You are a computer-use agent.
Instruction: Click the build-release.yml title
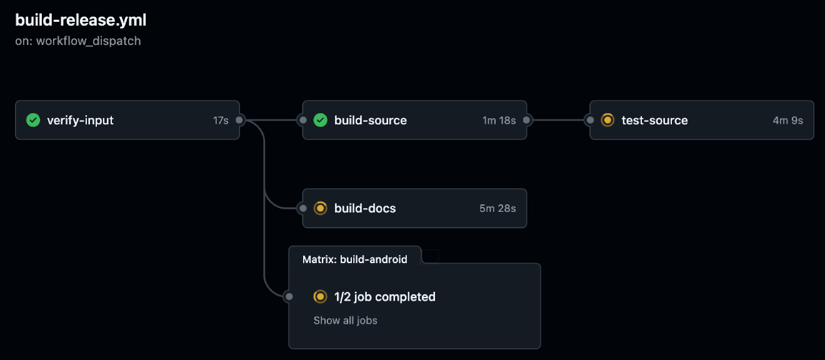coord(81,20)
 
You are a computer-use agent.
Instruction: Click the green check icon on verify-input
coord(33,120)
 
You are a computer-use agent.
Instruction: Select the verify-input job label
coord(80,120)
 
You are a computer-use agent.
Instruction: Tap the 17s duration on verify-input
coord(221,120)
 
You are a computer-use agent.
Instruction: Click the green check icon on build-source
coord(321,120)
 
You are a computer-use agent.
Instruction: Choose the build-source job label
coord(371,120)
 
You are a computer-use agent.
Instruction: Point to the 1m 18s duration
coord(499,120)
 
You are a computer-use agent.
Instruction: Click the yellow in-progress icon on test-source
coord(607,120)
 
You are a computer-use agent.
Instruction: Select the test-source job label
coord(654,120)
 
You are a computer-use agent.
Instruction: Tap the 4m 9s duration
coord(787,120)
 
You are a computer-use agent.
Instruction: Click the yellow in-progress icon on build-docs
coord(321,208)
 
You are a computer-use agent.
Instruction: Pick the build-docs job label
coord(365,208)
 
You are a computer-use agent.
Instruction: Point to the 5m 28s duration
coord(497,208)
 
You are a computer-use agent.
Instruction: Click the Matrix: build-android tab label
coord(354,259)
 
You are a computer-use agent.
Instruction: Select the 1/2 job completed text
coord(384,297)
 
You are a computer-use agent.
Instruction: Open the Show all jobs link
coord(345,321)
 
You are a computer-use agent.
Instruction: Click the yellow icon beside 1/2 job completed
coord(321,297)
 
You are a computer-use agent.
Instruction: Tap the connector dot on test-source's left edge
coord(589,120)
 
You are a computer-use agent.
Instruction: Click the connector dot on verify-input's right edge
coord(239,120)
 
